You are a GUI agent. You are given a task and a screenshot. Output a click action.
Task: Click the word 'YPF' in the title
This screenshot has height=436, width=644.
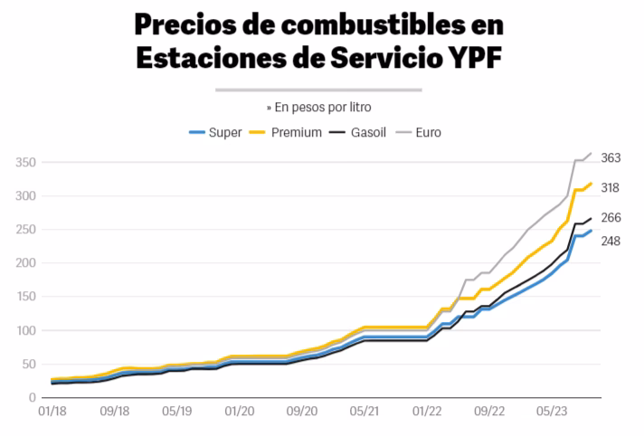[x=470, y=58]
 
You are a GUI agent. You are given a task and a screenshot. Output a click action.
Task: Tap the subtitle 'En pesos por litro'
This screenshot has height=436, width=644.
[x=322, y=106]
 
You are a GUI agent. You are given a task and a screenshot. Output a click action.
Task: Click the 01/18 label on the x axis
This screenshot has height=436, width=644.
[x=52, y=411]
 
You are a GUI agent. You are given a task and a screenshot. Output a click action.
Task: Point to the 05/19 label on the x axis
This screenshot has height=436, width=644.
[x=176, y=411]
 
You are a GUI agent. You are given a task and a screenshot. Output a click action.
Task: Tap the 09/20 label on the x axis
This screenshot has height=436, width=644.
[x=301, y=411]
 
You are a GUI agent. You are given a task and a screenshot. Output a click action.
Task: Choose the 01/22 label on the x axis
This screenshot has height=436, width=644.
[x=426, y=411]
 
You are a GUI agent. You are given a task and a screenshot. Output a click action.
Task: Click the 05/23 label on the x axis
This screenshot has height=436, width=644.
[x=551, y=411]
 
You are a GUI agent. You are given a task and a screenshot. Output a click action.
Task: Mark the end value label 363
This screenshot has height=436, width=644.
[x=610, y=157]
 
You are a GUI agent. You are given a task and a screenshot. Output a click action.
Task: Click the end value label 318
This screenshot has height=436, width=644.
[x=610, y=187]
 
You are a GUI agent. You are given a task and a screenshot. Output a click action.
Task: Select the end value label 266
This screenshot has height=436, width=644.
[x=610, y=217]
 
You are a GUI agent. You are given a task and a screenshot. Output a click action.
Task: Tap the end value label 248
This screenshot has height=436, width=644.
[x=610, y=241]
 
